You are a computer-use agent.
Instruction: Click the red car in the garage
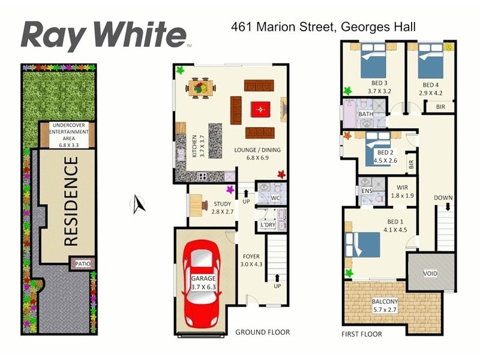(x=202, y=281)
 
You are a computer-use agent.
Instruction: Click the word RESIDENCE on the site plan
(x=70, y=201)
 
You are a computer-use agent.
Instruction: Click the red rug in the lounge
(x=259, y=108)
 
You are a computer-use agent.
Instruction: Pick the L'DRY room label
(x=266, y=226)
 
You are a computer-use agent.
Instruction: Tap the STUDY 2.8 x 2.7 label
(x=222, y=208)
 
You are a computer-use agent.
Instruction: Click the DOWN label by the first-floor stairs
(x=444, y=198)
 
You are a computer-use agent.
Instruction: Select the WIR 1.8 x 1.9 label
(x=402, y=191)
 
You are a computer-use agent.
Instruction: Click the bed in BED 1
(x=362, y=244)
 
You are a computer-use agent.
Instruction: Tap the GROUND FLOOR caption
(x=262, y=332)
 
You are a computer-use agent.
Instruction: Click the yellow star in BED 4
(x=449, y=46)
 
